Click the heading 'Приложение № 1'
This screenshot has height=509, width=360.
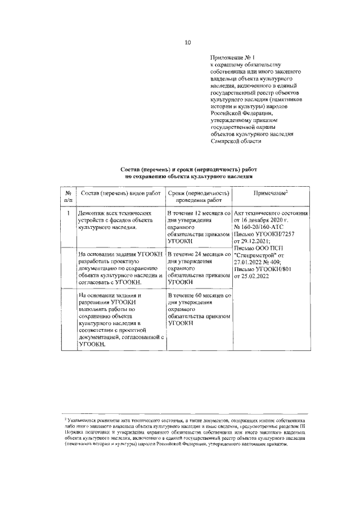pos(231,57)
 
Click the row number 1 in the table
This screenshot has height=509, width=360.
pos(68,214)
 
